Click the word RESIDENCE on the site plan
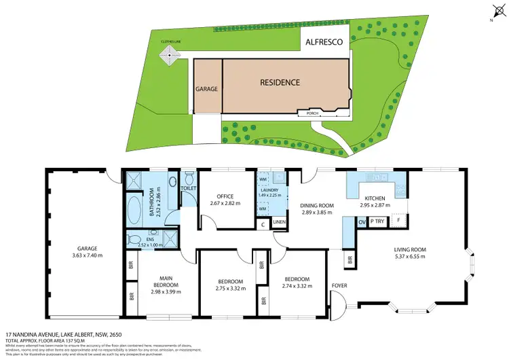coord(280,83)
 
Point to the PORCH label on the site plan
coord(312,113)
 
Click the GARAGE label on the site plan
coord(206,88)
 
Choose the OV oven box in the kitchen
coord(361,221)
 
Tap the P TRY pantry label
coord(378,221)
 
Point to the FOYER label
coord(339,285)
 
